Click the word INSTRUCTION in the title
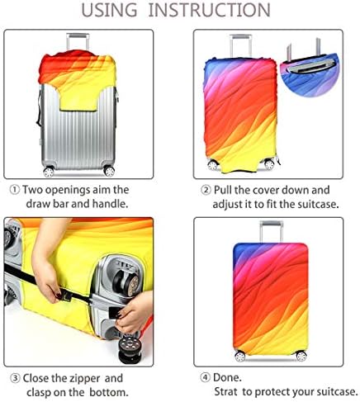tap(209, 10)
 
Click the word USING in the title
tap(109, 10)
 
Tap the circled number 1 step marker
tap(15, 190)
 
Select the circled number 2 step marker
tap(206, 190)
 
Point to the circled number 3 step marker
tap(16, 378)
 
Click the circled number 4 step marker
tap(205, 378)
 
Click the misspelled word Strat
tap(226, 392)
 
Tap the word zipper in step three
tap(75, 379)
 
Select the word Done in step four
tap(227, 377)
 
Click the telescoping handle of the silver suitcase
tap(78, 41)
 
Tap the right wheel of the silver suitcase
tap(109, 171)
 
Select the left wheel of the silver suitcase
tap(49, 172)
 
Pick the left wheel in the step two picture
tap(213, 164)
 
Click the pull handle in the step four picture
tap(271, 232)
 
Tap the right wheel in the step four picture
tap(301, 356)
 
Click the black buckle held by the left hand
tap(65, 296)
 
